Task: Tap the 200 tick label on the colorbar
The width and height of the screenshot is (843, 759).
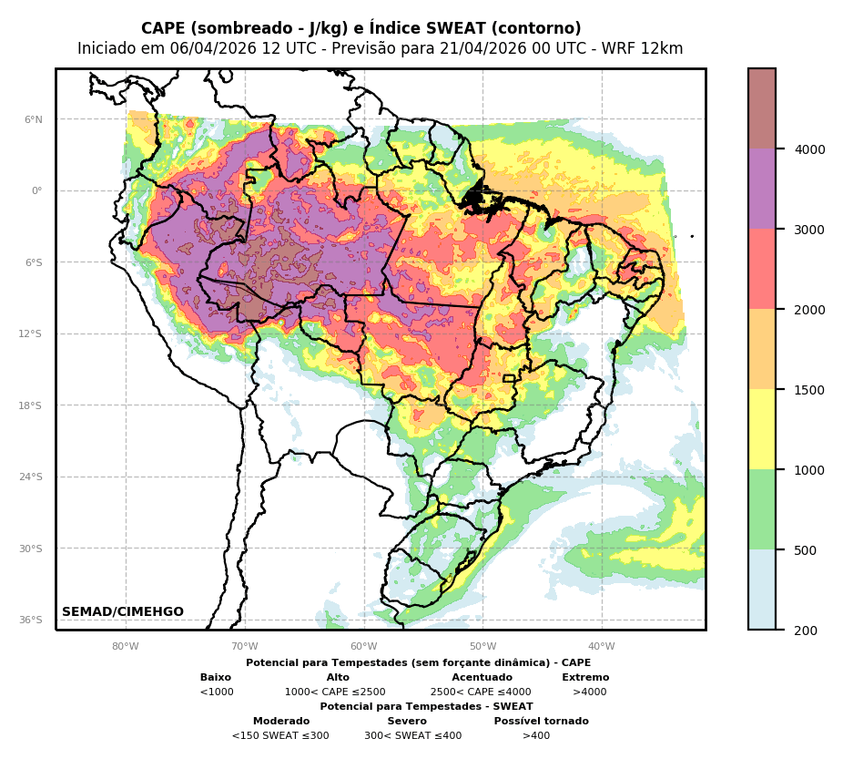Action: point(807,631)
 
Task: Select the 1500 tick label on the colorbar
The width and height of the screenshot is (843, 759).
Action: point(810,390)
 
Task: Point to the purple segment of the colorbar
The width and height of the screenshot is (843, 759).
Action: point(762,189)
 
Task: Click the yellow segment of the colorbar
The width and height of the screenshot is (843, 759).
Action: point(762,429)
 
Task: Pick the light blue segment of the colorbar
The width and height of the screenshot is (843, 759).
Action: point(762,590)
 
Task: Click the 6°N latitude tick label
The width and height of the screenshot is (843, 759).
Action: point(34,119)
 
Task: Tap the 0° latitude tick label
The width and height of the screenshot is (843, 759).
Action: point(36,191)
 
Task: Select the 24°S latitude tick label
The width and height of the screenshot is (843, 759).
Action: point(31,477)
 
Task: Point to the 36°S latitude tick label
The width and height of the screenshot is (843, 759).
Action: point(31,620)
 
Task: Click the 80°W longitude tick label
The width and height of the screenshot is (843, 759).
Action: point(126,647)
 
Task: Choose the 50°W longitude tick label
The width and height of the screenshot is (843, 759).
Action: point(482,647)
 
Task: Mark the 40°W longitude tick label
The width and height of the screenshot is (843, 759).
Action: point(602,647)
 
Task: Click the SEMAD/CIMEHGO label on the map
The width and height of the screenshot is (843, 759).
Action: point(123,612)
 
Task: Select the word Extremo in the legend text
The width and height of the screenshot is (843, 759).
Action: point(585,678)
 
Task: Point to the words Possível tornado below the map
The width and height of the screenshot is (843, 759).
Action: point(541,722)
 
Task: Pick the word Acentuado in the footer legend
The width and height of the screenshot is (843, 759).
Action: point(482,678)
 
